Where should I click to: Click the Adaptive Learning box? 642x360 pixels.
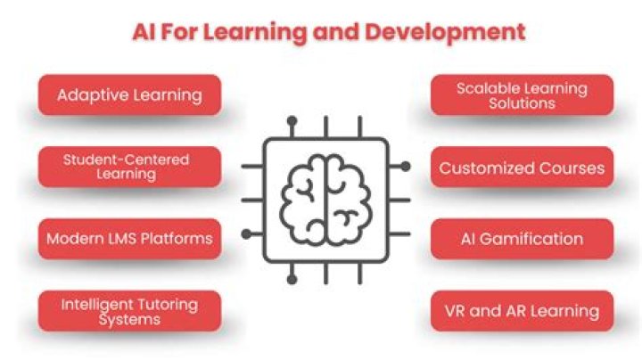129,94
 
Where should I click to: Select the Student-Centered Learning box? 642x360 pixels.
129,167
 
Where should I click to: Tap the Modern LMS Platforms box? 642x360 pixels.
129,239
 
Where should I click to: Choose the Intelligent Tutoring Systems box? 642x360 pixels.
129,311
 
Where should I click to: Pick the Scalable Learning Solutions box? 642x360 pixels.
522,94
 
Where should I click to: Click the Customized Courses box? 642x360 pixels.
522,168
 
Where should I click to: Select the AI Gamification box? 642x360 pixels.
522,239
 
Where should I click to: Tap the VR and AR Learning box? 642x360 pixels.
522,311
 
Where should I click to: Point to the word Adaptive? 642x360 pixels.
90,94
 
